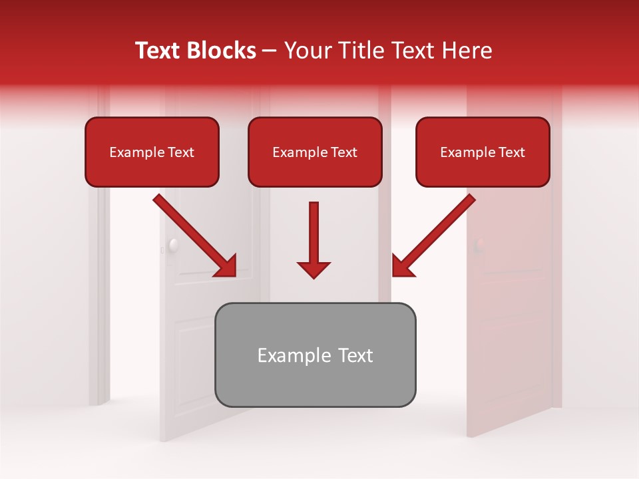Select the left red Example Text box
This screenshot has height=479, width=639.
pyautogui.click(x=152, y=152)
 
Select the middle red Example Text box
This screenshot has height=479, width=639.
pyautogui.click(x=315, y=152)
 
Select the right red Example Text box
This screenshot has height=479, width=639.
pyautogui.click(x=483, y=152)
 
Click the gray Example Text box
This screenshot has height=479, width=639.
pyautogui.click(x=315, y=355)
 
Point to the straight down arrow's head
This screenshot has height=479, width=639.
pyautogui.click(x=314, y=269)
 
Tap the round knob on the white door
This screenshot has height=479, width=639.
pyautogui.click(x=174, y=245)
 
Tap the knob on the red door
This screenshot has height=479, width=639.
pyautogui.click(x=478, y=245)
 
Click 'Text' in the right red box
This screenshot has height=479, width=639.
pyautogui.click(x=511, y=152)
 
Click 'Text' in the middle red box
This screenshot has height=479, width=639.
pyautogui.click(x=343, y=152)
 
